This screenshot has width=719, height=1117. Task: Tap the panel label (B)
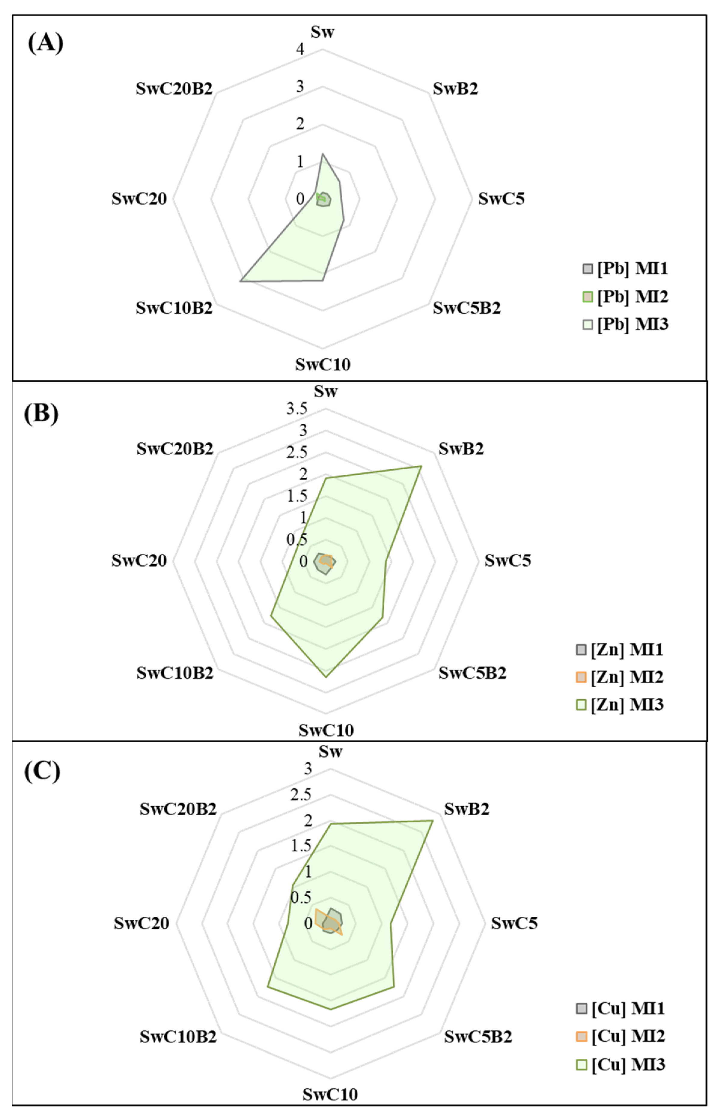click(41, 413)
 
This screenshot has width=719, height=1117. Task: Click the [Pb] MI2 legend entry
click(626, 296)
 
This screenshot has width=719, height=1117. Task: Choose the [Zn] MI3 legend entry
click(620, 704)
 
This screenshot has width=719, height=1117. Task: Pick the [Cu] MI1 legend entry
click(621, 1008)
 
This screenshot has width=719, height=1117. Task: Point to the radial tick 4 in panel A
click(300, 49)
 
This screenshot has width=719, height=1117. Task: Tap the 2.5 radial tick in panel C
click(301, 794)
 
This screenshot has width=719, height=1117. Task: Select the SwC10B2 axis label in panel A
click(174, 308)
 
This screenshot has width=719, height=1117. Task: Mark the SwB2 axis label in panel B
click(461, 449)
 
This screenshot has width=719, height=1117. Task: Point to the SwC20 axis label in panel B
click(139, 560)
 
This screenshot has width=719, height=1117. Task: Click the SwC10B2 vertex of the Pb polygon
click(240, 281)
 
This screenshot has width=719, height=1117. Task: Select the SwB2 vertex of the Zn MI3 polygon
click(421, 466)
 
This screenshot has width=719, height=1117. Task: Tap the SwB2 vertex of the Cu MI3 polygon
click(433, 820)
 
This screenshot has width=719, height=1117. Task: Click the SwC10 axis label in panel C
click(330, 1094)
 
